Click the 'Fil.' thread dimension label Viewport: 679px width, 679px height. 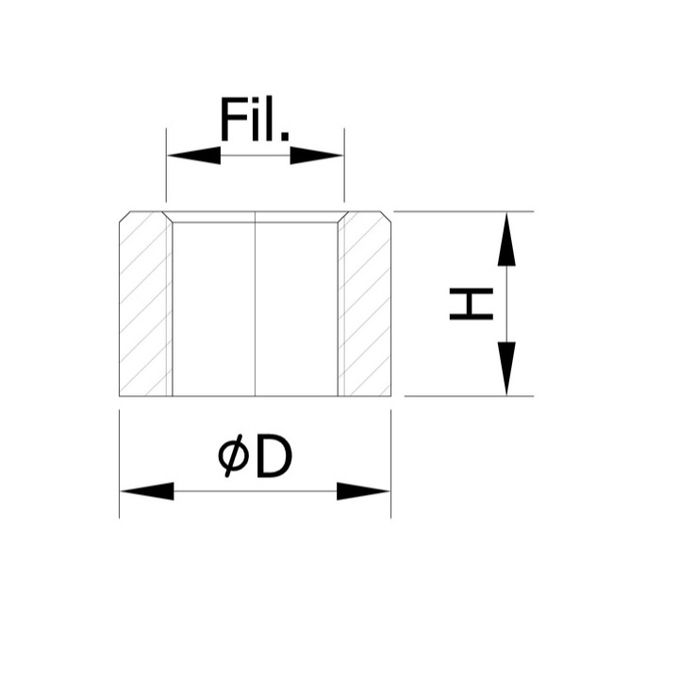click(255, 119)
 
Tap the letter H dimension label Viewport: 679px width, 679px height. click(472, 304)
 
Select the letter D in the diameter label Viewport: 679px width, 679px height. click(274, 455)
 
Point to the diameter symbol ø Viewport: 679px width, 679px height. click(233, 455)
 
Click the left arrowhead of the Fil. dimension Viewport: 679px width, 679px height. click(194, 155)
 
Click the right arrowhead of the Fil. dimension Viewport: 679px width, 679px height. click(317, 155)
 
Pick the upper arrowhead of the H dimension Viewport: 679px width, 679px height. click(506, 239)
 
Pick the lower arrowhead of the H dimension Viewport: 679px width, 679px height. click(506, 369)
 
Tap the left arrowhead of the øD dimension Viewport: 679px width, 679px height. click(147, 491)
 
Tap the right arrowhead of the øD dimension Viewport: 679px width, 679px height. click(363, 491)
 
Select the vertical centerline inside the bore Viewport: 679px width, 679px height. click(255, 304)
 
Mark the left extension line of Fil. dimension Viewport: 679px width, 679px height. click(166, 165)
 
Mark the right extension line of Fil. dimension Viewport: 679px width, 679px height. click(344, 165)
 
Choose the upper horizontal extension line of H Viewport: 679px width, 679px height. click(464, 212)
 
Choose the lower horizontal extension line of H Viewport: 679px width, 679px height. click(469, 396)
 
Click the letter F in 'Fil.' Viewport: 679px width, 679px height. click(236, 119)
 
